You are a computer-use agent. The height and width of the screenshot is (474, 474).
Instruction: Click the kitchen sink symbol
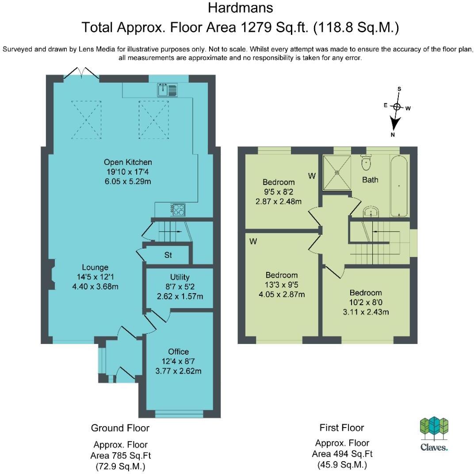pyautogui.click(x=167, y=90)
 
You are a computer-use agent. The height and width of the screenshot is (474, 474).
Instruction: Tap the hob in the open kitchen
pyautogui.click(x=178, y=210)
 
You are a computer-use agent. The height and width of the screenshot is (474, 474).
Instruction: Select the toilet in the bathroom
pyautogui.click(x=366, y=162)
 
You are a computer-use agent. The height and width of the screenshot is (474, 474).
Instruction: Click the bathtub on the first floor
pyautogui.click(x=399, y=186)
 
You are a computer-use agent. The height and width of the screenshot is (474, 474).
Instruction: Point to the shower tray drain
pyautogui.click(x=337, y=172)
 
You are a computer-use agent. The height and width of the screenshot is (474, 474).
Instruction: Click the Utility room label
pyautogui.click(x=180, y=277)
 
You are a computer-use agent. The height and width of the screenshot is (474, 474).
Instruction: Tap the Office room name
pyautogui.click(x=178, y=352)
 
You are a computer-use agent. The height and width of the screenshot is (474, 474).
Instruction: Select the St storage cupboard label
pyautogui.click(x=168, y=255)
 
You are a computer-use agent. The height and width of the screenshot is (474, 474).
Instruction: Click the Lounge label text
pyautogui.click(x=95, y=267)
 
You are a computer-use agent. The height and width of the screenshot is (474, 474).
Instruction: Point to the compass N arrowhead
pyautogui.click(x=394, y=124)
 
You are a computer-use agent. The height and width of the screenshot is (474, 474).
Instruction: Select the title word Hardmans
pyautogui.click(x=241, y=8)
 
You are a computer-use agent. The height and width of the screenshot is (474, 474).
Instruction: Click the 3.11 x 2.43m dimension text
pyautogui.click(x=366, y=312)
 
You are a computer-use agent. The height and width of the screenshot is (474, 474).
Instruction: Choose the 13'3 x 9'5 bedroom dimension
pyautogui.click(x=281, y=285)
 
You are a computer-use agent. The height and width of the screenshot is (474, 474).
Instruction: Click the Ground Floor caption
pyautogui.click(x=120, y=428)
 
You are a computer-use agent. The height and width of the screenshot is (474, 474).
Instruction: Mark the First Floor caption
pyautogui.click(x=342, y=428)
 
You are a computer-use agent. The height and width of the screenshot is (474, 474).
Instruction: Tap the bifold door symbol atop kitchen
pyautogui.click(x=81, y=73)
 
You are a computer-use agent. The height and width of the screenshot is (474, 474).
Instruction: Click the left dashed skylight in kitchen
pyautogui.click(x=86, y=120)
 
